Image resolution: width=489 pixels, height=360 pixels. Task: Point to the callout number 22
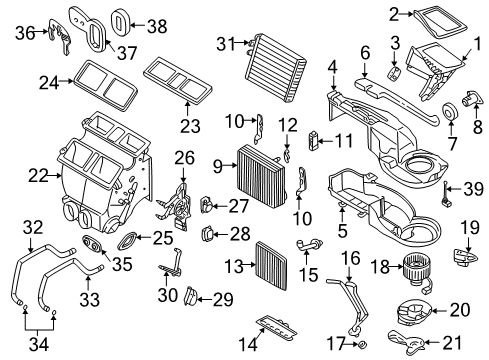click(x=37, y=177)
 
